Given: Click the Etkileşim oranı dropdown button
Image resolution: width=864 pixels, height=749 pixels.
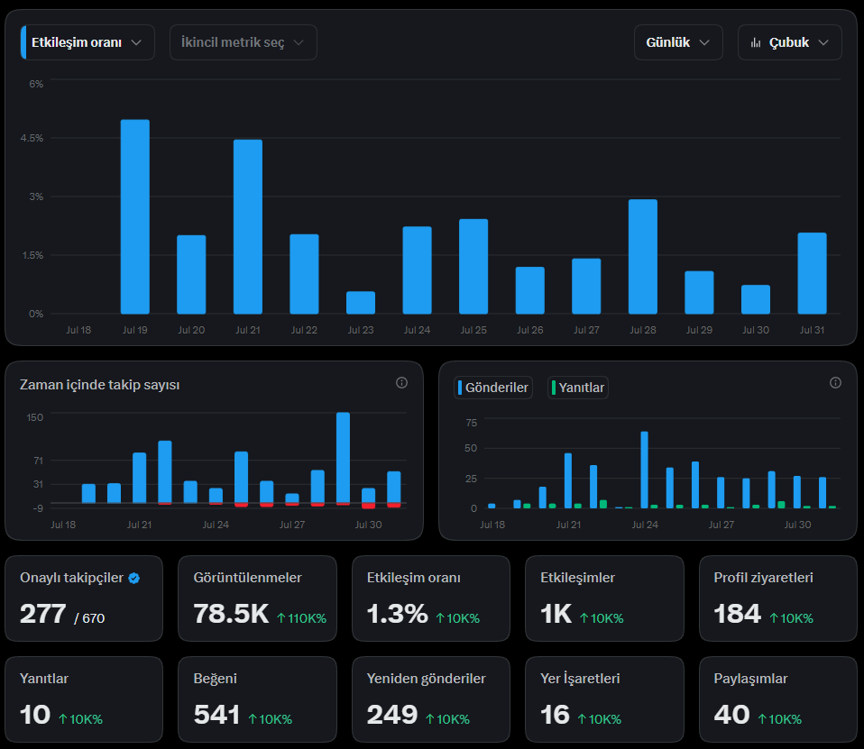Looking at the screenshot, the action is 87,42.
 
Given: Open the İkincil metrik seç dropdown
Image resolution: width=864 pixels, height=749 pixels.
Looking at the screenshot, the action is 243,42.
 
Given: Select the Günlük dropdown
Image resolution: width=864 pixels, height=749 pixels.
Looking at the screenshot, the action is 678,42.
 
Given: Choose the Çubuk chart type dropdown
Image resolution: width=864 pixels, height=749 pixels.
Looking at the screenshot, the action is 790,42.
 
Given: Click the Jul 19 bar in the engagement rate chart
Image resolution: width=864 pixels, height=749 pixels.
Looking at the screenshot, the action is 135,217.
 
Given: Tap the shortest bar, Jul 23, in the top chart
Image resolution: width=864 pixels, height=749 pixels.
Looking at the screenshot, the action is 361,303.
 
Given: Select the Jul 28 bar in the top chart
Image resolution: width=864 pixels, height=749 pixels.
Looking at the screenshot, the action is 643,257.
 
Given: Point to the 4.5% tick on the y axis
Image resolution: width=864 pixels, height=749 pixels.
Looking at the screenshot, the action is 32,138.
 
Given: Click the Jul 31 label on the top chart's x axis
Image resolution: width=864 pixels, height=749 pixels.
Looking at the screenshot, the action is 813,330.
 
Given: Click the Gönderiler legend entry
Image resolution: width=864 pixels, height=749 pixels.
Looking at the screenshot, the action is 493,388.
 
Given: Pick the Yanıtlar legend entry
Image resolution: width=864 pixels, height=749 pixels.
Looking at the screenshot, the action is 578,388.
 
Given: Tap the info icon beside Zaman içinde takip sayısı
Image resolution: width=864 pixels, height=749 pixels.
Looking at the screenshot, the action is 401,383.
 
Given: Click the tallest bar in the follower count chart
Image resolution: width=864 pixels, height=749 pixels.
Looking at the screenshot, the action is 344,458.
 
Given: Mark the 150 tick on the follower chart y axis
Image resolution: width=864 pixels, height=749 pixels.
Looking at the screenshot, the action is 34,417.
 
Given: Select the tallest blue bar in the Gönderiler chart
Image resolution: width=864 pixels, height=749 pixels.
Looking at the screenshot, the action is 645,470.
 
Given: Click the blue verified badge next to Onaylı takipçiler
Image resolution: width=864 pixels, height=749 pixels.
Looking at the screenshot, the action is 133,578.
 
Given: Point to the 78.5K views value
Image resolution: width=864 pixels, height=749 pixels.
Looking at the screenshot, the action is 232,614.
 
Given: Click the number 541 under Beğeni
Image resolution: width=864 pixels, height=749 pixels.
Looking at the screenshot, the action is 216,715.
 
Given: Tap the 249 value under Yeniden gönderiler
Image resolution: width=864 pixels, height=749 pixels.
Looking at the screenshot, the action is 392,715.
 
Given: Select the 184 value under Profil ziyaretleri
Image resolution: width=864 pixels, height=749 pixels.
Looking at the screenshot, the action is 737,614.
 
